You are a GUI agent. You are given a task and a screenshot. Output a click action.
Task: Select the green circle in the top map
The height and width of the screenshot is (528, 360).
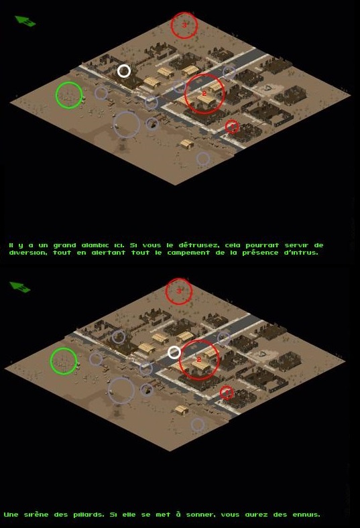[56, 95]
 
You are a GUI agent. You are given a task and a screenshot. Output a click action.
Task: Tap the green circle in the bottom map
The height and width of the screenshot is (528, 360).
[50, 361]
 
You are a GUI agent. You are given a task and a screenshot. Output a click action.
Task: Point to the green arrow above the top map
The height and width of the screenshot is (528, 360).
[25, 21]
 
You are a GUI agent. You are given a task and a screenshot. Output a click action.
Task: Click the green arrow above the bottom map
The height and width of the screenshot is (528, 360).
[20, 287]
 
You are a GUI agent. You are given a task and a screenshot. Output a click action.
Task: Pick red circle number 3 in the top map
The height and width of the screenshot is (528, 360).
[171, 25]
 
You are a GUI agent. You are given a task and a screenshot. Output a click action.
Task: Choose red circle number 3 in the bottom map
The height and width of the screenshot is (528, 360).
[166, 291]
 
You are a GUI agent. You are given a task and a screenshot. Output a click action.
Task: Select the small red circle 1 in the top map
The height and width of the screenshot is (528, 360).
[226, 127]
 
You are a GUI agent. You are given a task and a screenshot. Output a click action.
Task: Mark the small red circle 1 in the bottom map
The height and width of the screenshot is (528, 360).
[221, 393]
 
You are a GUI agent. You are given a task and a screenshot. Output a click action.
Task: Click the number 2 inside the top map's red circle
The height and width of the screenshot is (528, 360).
[204, 94]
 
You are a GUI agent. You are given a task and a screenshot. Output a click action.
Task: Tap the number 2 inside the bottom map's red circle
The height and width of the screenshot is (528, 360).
[198, 360]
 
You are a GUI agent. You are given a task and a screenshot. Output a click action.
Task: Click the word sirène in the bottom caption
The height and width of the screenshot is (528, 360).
[35, 515]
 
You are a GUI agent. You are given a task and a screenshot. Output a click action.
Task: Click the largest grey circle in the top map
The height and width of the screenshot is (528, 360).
[113, 125]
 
